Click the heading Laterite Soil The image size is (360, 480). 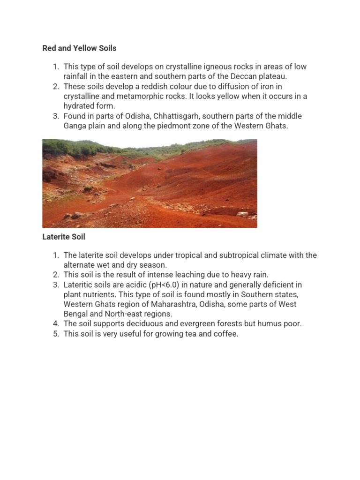point(64,237)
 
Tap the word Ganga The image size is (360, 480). point(75,126)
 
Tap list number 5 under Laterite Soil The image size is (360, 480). point(55,334)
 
